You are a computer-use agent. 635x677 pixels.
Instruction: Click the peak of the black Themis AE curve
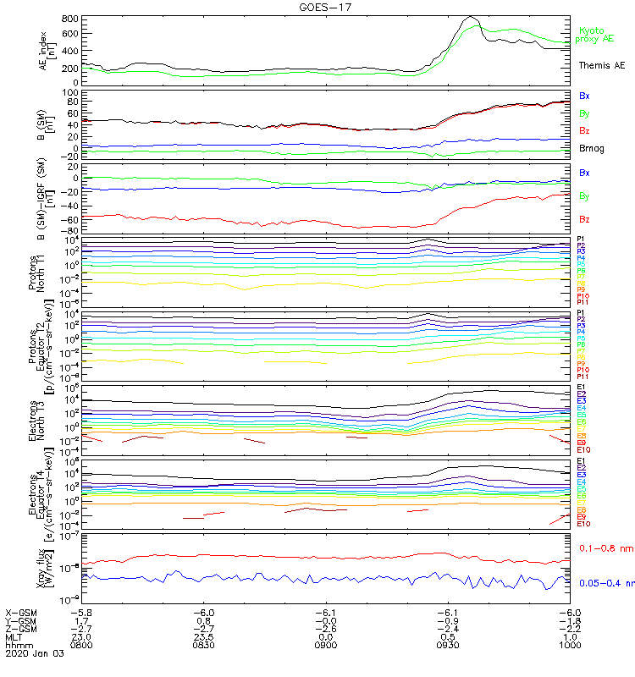pos(472,18)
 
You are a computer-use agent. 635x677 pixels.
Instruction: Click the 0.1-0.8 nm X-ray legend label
pos(605,548)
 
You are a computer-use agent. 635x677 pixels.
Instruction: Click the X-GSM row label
pos(20,612)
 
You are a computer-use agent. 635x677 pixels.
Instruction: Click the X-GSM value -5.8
pos(81,612)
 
